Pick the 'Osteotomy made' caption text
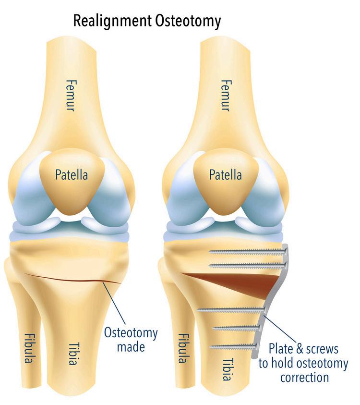pyautogui.click(x=131, y=339)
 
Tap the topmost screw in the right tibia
pyautogui.click(x=245, y=250)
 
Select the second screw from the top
pyautogui.click(x=245, y=265)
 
